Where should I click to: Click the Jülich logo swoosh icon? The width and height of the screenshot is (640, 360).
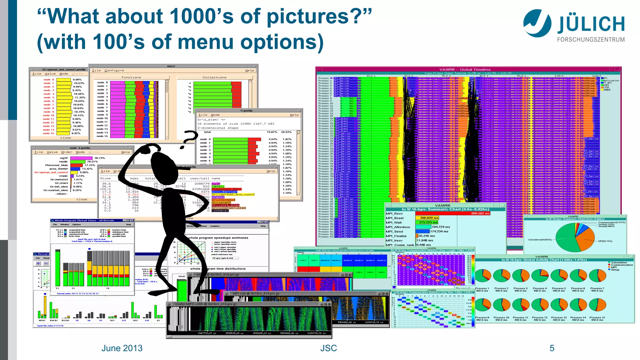coord(537,22)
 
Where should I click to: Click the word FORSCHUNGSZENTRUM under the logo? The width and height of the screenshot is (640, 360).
coord(591,40)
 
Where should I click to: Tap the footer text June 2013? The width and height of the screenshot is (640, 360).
coord(122,348)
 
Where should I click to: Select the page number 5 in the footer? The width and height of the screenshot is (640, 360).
coord(552,348)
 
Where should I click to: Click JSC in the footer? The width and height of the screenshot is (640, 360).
coord(328,348)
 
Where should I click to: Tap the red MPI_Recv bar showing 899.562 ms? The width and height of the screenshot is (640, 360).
coord(453,213)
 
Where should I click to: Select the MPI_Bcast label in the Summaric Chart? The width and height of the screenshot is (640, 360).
coord(395,218)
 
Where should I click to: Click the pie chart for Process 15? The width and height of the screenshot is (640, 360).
coord(597,304)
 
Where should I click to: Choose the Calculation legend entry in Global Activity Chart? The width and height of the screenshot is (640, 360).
coord(619,262)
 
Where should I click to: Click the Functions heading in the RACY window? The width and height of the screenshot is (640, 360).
coord(131,77)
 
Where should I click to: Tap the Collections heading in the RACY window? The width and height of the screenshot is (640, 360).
coord(214,77)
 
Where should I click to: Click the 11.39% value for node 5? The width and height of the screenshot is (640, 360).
coord(80,97)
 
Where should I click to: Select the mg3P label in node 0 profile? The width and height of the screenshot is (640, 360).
coord(64,158)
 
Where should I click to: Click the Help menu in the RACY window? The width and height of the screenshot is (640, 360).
coord(249,71)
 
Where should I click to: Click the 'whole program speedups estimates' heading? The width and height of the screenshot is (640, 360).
coord(218,238)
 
